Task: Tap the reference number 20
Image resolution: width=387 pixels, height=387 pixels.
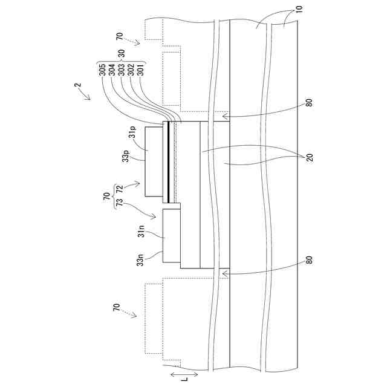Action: (309, 157)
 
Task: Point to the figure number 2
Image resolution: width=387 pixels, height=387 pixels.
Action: (77, 88)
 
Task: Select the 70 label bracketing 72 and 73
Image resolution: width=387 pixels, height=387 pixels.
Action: (107, 197)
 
